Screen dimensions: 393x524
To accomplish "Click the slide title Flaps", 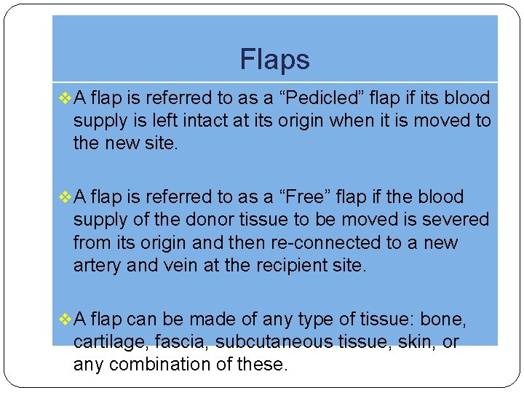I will [274, 60].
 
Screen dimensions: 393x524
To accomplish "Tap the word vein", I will [182, 264].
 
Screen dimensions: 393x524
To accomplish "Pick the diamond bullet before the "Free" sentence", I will [63, 197].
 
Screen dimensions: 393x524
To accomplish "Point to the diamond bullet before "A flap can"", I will [63, 319].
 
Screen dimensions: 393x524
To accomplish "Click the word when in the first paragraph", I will [352, 121].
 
